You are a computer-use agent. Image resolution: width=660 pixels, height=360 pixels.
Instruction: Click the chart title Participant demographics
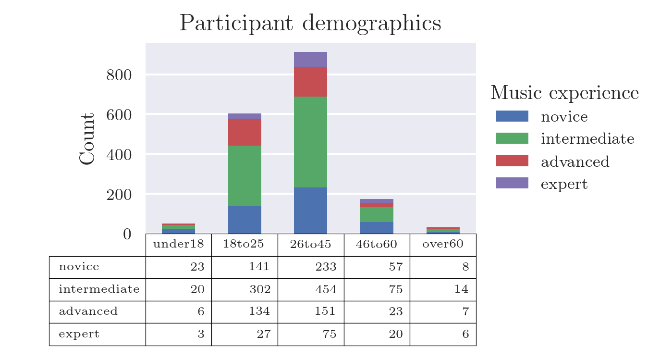310,24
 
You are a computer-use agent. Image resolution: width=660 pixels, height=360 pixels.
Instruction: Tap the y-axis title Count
87,139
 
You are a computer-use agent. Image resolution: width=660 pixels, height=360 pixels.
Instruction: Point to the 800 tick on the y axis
119,75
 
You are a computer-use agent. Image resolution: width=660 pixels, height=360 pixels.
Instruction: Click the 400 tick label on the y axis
119,155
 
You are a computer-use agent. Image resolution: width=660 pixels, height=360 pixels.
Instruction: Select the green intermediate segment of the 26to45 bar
310,142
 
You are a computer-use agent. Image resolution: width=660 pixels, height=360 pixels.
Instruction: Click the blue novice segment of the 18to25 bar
244,220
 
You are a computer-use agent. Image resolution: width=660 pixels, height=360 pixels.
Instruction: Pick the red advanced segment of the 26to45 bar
310,82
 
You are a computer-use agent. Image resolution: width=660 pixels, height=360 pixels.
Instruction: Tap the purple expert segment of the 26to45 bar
310,59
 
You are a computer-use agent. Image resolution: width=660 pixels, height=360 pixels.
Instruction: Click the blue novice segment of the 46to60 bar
377,228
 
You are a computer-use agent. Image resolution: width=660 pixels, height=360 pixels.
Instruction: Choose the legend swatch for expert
512,183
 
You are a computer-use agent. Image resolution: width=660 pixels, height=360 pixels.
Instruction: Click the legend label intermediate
587,139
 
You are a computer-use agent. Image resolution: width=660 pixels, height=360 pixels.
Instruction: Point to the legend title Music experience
564,93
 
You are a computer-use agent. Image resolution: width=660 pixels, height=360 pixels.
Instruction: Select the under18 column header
178,244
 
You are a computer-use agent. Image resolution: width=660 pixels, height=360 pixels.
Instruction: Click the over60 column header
443,244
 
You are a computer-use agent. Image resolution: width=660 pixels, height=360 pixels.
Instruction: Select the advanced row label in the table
88,311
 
